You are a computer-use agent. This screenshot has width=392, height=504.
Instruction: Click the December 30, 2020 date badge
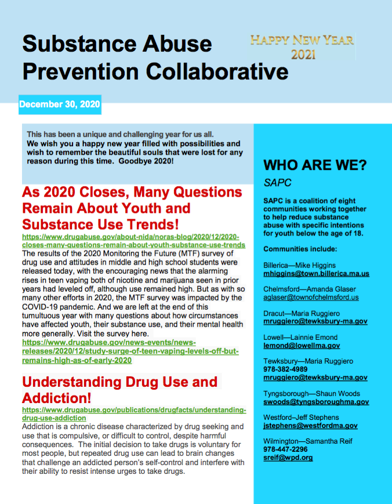click(x=60, y=105)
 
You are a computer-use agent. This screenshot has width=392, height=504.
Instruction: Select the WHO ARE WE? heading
click(x=315, y=165)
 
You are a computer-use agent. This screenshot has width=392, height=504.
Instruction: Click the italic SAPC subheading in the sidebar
click(x=277, y=183)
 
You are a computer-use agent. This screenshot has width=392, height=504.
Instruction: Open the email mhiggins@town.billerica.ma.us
click(x=316, y=274)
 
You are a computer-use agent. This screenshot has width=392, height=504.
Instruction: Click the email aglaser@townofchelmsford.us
click(x=311, y=298)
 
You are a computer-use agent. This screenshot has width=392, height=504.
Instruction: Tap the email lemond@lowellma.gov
click(x=302, y=346)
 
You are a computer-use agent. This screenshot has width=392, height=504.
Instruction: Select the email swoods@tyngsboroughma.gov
click(x=316, y=401)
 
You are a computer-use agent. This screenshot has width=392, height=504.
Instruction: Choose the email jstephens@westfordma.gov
click(x=310, y=426)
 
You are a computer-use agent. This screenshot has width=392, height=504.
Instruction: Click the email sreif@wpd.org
click(x=288, y=458)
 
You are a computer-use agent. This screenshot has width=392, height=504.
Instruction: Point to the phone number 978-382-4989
click(x=285, y=369)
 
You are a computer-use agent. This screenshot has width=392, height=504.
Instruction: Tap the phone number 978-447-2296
click(x=285, y=449)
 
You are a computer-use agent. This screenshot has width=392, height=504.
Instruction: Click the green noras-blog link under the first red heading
click(x=133, y=241)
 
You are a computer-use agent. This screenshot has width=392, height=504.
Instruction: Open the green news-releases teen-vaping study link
click(x=130, y=351)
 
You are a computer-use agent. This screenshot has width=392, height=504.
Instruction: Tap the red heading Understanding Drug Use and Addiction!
click(x=119, y=390)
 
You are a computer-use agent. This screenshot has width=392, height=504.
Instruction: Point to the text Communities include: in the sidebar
click(x=300, y=249)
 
